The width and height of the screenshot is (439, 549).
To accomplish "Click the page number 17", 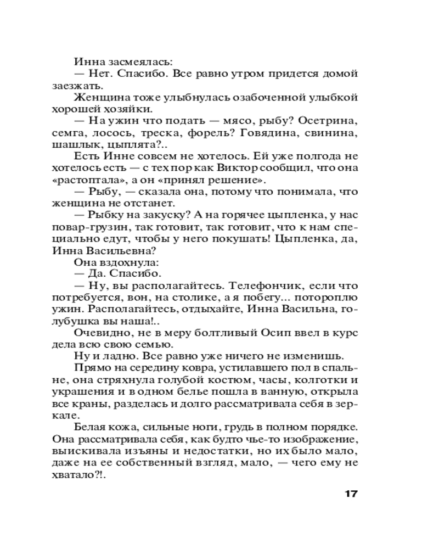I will [x=351, y=494].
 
